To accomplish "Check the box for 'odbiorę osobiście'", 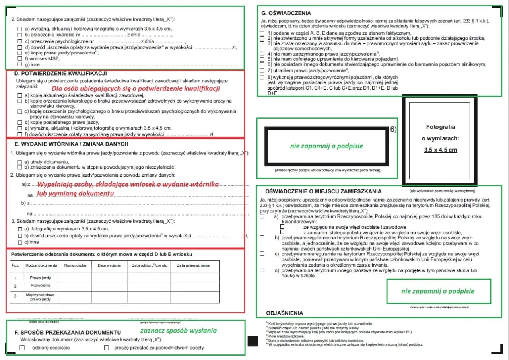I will (x=22, y=348).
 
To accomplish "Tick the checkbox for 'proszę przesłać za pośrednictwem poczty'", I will (x=106, y=348).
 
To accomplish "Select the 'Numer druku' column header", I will (x=75, y=265).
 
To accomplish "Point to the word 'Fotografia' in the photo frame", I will (x=440, y=127).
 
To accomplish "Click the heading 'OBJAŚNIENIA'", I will (x=284, y=313).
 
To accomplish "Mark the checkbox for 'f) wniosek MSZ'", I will (x=20, y=58).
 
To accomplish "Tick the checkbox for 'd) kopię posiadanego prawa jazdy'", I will (x=20, y=123).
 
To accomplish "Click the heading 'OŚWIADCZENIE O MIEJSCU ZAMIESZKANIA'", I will (x=318, y=191).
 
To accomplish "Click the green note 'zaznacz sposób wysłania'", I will (x=178, y=330).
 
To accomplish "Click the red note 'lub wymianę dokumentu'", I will (x=76, y=193).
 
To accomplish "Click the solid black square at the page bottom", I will (x=253, y=341).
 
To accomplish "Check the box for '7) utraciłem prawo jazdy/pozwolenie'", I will (x=262, y=70).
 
